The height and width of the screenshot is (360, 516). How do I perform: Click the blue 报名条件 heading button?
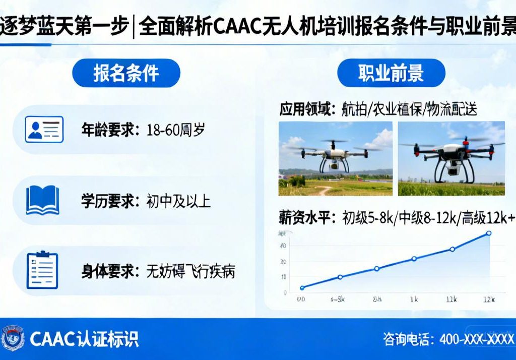point(126,73)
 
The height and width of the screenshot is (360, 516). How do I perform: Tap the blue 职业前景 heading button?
point(391,73)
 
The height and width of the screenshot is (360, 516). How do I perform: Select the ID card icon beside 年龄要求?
point(44,129)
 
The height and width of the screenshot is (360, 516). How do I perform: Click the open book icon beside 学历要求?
point(43,200)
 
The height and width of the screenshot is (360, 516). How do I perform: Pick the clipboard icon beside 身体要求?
point(42,270)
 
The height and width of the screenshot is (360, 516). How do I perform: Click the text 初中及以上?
point(178,201)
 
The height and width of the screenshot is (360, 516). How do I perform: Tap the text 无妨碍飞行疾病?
point(190,271)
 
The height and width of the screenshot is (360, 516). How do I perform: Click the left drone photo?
point(335,158)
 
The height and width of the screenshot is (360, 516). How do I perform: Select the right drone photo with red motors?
point(451,158)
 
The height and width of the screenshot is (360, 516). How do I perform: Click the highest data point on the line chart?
point(488,233)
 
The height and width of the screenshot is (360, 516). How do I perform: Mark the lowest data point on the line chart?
point(302,288)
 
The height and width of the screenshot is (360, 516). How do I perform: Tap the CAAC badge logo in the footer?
point(13,338)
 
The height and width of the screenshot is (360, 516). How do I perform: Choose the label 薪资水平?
point(307,218)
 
